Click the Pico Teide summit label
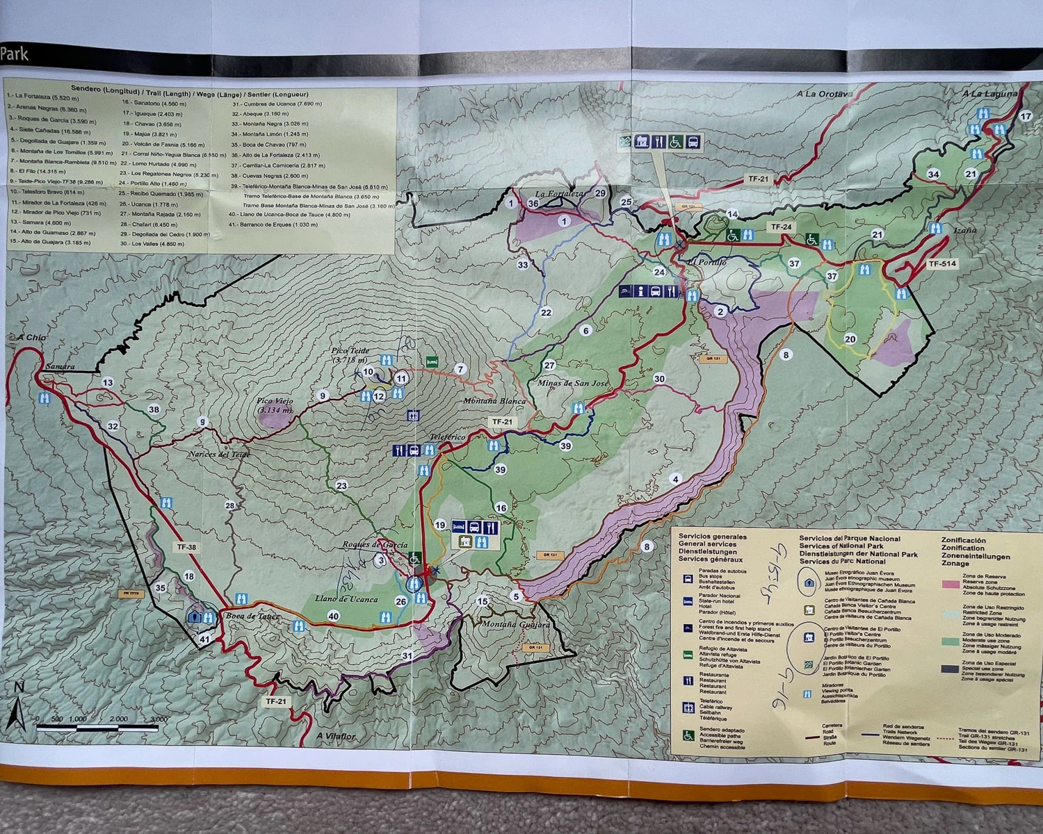[x=350, y=355]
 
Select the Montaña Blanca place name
[x=494, y=401]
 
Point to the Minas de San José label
[x=572, y=383]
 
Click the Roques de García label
[x=375, y=545]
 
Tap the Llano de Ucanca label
[x=346, y=598]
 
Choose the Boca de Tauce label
[x=252, y=616]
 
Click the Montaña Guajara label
[x=516, y=624]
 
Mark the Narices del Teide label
[x=218, y=455]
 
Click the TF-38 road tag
[x=186, y=547]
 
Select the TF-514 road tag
[x=942, y=264]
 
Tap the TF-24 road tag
[x=781, y=227]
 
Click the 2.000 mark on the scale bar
[x=118, y=719]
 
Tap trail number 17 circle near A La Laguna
[x=1026, y=116]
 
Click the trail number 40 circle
[x=333, y=616]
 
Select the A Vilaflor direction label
[x=336, y=736]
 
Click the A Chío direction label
[x=32, y=338]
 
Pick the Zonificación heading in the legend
[x=963, y=540]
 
